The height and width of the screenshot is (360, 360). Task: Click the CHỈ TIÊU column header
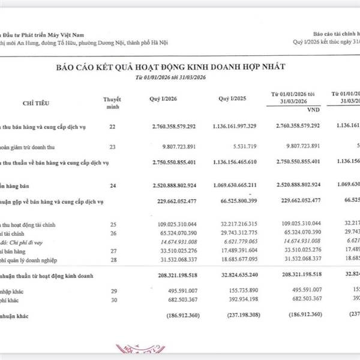coord(36,104)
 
